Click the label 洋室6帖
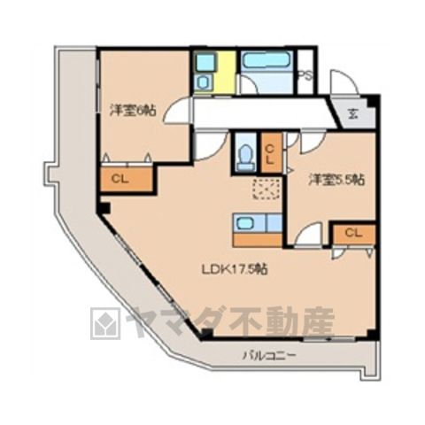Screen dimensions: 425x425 pos(133,111)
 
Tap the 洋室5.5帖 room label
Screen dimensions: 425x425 pos(336,180)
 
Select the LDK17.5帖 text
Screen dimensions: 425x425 pos(235,269)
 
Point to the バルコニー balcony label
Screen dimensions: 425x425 pos(269,355)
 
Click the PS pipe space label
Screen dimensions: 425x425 pos(305,75)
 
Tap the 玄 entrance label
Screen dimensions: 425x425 pos(352,113)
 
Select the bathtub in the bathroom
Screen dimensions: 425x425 pos(267,62)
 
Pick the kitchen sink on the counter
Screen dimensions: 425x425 pos(245,223)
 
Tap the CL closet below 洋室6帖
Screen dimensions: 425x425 pos(127,179)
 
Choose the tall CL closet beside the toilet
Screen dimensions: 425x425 pos(272,152)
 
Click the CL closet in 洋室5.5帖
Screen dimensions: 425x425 pos(354,234)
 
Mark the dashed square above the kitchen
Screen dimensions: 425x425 pos(267,189)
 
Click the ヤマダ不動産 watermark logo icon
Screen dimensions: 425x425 pos(105,324)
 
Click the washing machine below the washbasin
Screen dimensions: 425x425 pos(204,82)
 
